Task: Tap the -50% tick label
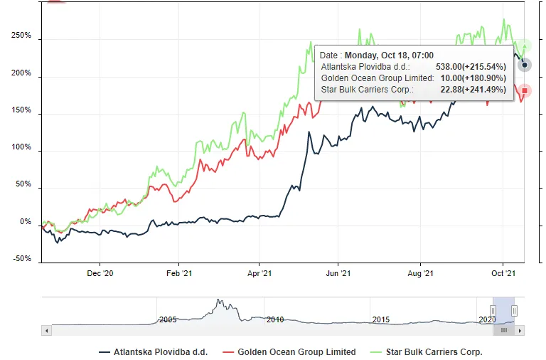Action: (21, 259)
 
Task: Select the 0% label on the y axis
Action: (26, 223)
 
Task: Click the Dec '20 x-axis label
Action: (100, 273)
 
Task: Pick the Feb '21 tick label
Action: (179, 273)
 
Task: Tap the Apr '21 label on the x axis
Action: (260, 273)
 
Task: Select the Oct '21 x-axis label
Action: (503, 273)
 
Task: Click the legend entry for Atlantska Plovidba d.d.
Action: (154, 351)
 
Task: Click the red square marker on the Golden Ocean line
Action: (525, 90)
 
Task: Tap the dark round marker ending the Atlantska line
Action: (525, 65)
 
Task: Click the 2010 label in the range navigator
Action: (274, 319)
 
